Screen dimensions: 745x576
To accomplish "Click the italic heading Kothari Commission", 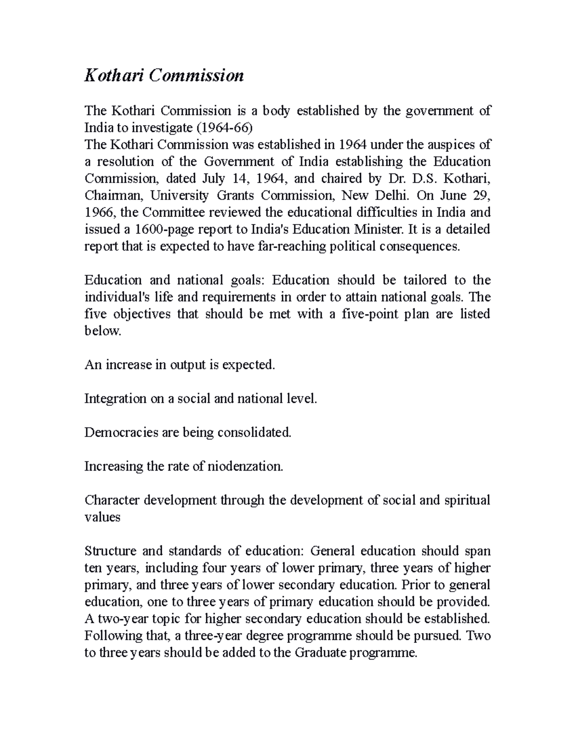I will coord(164,75).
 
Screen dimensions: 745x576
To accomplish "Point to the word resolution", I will coord(126,161).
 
